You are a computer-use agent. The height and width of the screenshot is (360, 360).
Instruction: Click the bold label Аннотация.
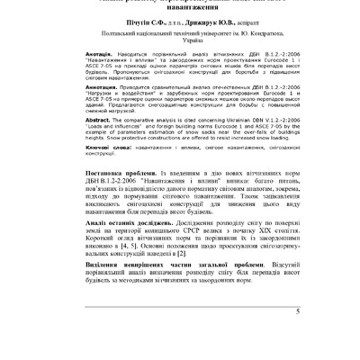pyautogui.click(x=76, y=99)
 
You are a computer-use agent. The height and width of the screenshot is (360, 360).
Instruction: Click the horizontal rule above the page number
pyautogui.click(x=179, y=328)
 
